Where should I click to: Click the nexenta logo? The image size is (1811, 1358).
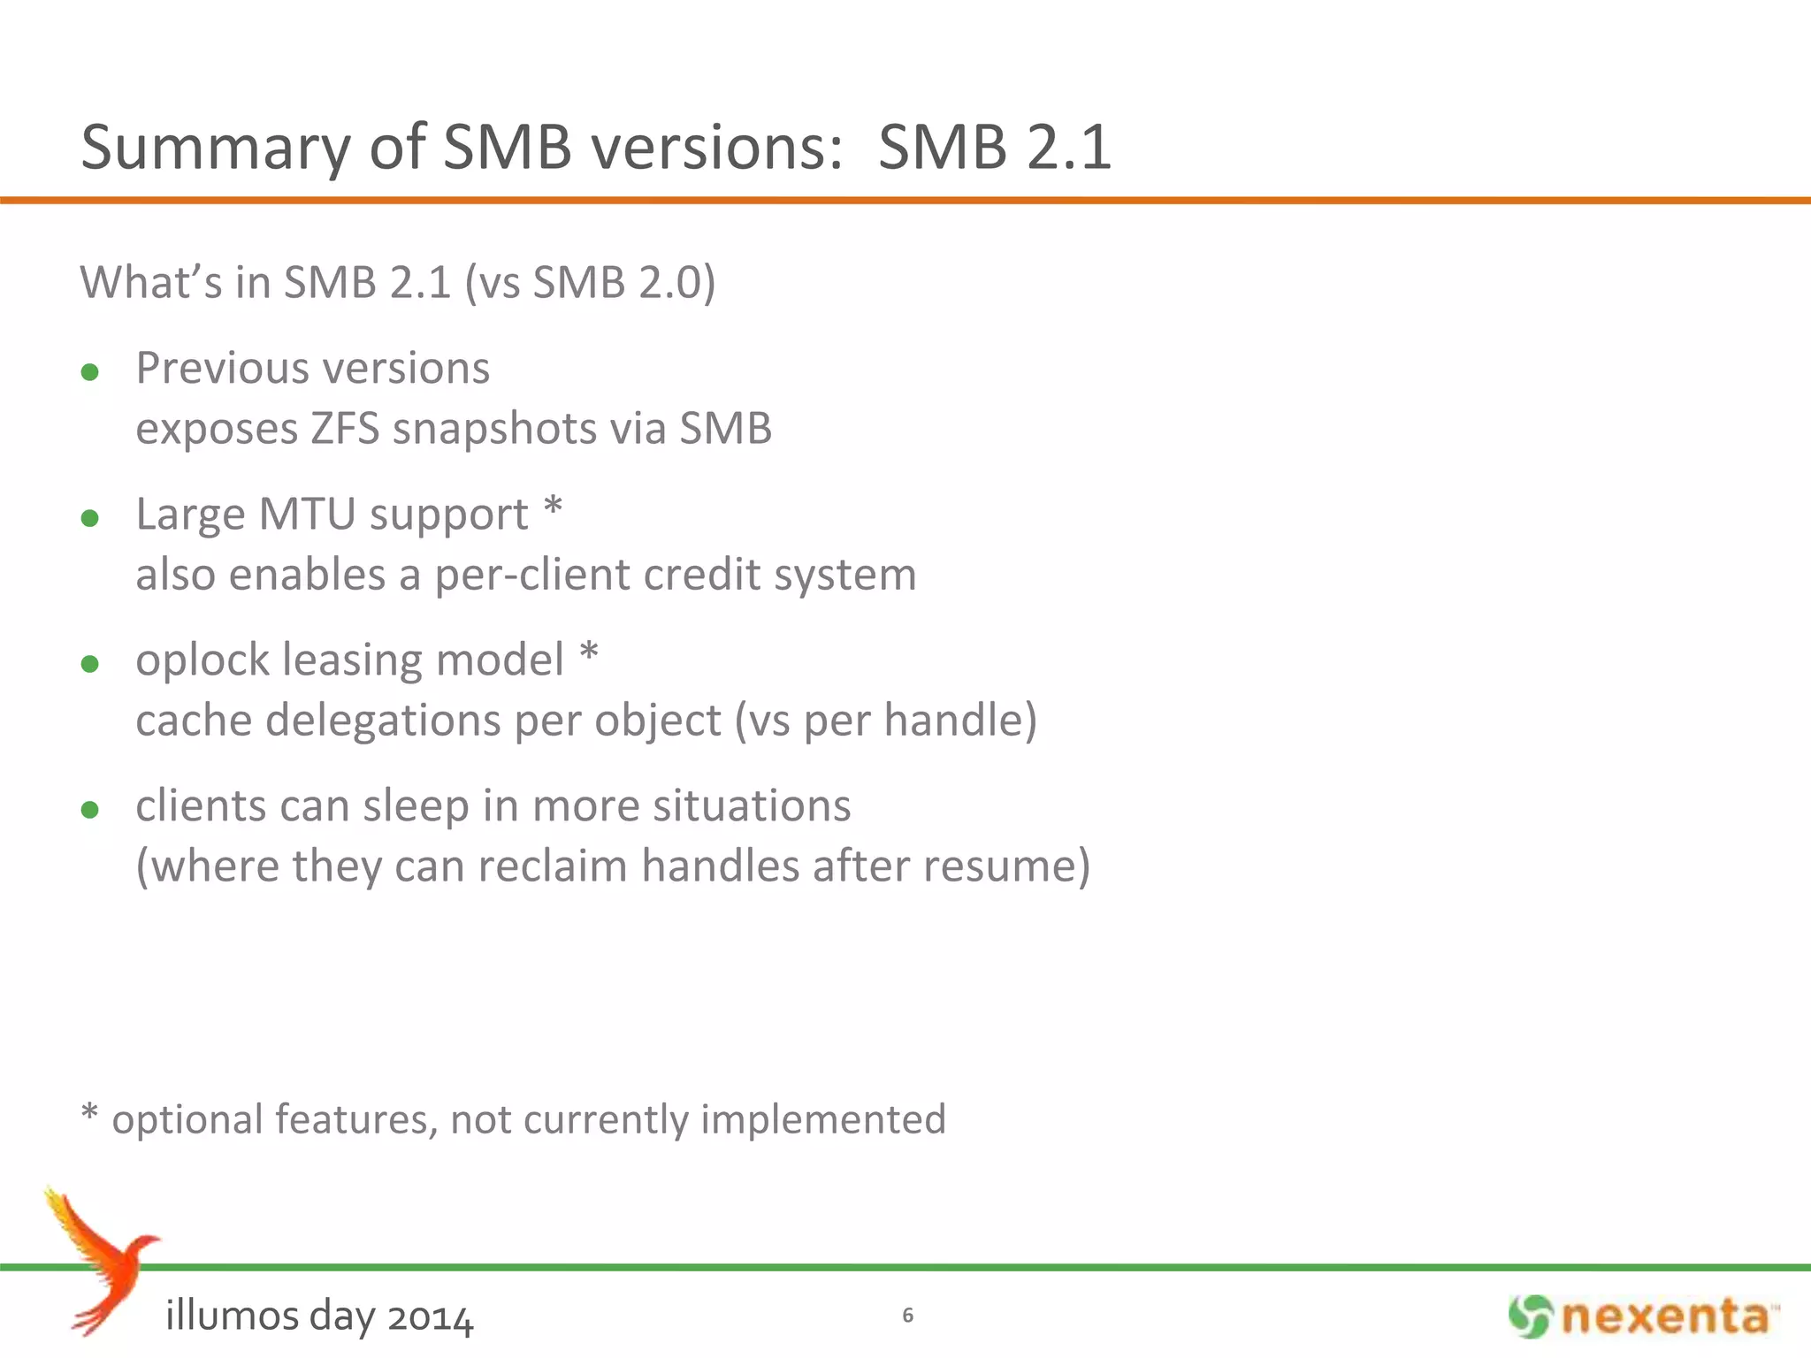(1644, 1316)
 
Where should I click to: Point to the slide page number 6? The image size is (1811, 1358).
(907, 1316)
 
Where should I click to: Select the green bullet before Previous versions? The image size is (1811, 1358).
(89, 372)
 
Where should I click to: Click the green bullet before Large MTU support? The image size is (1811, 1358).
(89, 518)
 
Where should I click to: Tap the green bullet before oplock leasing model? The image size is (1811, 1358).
(89, 664)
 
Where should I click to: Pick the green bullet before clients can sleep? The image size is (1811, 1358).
(89, 810)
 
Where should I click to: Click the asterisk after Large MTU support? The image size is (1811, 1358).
(553, 509)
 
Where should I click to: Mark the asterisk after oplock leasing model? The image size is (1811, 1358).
(589, 655)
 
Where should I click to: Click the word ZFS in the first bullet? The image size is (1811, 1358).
(345, 429)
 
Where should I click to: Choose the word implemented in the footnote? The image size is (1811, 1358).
(823, 1119)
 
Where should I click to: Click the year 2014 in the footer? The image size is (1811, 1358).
(431, 1317)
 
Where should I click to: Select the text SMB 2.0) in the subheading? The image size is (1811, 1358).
(623, 283)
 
